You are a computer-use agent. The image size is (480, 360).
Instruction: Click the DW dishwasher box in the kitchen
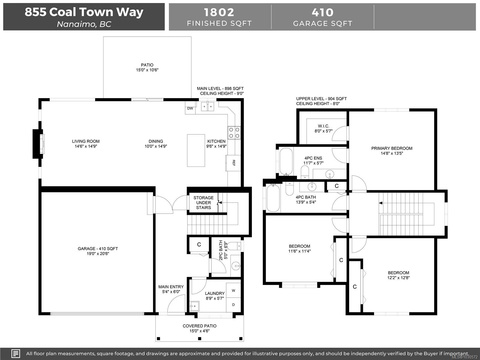[x=190, y=108]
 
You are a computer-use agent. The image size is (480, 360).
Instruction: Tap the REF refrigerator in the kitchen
[x=233, y=163]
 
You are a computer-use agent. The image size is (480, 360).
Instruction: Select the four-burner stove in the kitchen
[x=234, y=133]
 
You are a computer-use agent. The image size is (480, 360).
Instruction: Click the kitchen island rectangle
[x=196, y=150]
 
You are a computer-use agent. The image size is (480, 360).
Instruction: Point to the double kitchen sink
[x=208, y=106]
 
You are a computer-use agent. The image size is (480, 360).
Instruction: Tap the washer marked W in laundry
[x=233, y=290]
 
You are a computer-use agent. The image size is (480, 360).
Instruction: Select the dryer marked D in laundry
[x=233, y=305]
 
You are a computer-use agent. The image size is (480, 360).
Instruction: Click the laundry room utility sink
[x=194, y=306]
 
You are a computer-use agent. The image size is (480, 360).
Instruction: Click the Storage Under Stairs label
[x=203, y=202]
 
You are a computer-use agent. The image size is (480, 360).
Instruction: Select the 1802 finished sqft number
[x=219, y=12]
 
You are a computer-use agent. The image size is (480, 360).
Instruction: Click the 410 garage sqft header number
[x=322, y=12]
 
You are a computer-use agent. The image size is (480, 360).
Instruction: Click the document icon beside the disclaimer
[x=16, y=353]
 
